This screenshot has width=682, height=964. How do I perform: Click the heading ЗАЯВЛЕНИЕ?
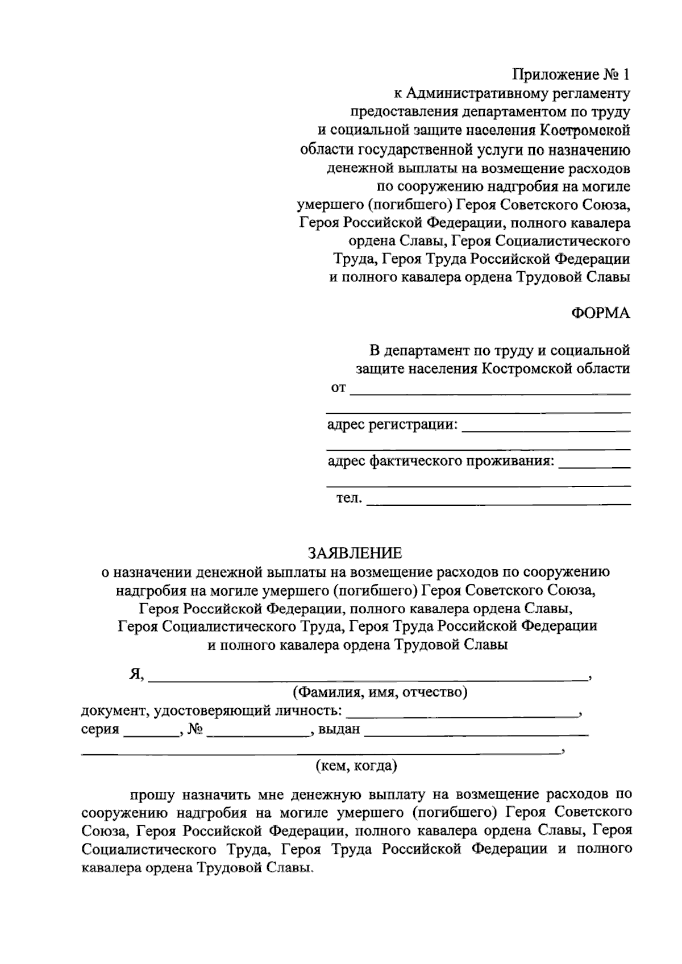click(x=355, y=553)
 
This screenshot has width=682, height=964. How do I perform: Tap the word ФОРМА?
click(x=600, y=313)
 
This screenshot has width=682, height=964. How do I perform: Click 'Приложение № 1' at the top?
click(x=571, y=74)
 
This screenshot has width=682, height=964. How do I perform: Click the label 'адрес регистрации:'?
click(x=392, y=425)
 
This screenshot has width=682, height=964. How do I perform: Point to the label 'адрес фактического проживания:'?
click(x=440, y=461)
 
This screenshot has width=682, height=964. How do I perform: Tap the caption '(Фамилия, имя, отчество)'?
click(x=380, y=693)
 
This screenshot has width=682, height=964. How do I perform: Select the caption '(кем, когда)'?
click(x=356, y=766)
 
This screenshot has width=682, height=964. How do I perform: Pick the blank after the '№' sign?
click(x=258, y=734)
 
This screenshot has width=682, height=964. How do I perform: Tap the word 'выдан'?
click(x=339, y=729)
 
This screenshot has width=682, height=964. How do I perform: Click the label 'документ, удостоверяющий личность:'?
click(x=212, y=711)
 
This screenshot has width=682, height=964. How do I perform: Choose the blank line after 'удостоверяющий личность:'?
click(x=462, y=716)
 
